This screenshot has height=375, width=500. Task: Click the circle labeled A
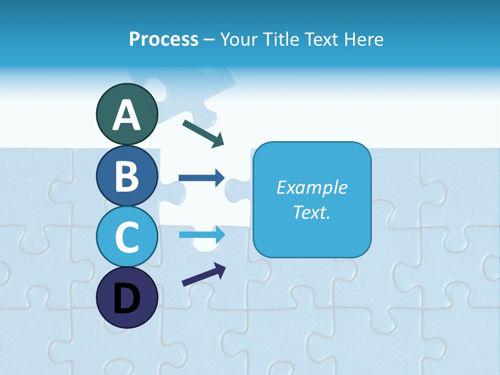(x=127, y=114)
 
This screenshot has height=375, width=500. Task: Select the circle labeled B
(x=127, y=176)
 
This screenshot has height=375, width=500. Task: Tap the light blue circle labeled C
(x=127, y=236)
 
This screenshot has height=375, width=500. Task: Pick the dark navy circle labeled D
(x=127, y=297)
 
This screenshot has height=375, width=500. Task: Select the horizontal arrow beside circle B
(x=201, y=178)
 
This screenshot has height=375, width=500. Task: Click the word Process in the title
(x=164, y=39)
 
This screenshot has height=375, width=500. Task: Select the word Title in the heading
(x=281, y=39)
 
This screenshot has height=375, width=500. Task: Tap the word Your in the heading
(x=240, y=39)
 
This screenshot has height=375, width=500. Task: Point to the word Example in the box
(x=311, y=187)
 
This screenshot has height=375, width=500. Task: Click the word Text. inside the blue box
(x=311, y=213)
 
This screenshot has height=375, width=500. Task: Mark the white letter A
(x=127, y=115)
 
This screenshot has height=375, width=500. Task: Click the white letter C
(x=127, y=237)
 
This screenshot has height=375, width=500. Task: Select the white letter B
(x=127, y=176)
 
